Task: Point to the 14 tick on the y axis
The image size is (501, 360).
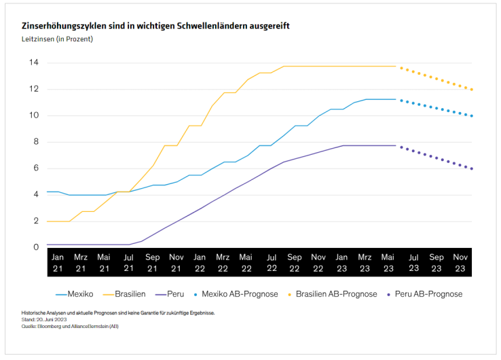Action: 33,62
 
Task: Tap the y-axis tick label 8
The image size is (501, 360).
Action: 35,142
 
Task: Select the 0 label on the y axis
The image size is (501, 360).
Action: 35,247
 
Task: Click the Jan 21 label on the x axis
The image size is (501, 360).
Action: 58,264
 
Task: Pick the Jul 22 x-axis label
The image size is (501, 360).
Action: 271,264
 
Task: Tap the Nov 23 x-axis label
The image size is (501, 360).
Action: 460,264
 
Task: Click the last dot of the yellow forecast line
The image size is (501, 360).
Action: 472,90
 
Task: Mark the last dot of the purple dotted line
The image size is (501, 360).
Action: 472,168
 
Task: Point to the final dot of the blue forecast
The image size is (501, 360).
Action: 472,116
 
